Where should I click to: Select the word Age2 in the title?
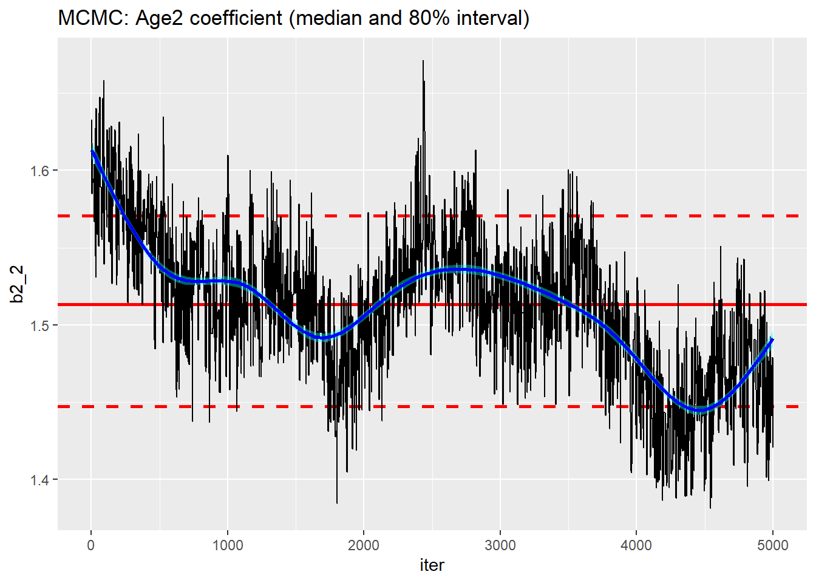click(x=160, y=18)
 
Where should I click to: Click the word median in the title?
click(x=329, y=18)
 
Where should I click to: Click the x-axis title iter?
click(x=432, y=565)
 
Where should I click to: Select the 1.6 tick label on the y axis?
click(x=40, y=171)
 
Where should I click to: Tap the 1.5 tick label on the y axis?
click(x=40, y=325)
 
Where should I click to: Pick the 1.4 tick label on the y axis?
click(x=40, y=480)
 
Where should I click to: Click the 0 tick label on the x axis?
click(x=91, y=545)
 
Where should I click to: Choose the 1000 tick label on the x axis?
click(x=228, y=545)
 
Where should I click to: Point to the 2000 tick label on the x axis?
click(x=364, y=545)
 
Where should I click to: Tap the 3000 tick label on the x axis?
click(x=500, y=545)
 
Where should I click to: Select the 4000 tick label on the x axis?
click(x=636, y=545)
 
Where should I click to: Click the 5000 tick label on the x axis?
click(x=772, y=545)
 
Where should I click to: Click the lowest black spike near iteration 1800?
click(x=337, y=502)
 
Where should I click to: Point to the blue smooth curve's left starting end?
click(x=92, y=151)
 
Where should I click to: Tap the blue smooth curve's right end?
click(x=772, y=339)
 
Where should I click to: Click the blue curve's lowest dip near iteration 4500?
click(x=700, y=410)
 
